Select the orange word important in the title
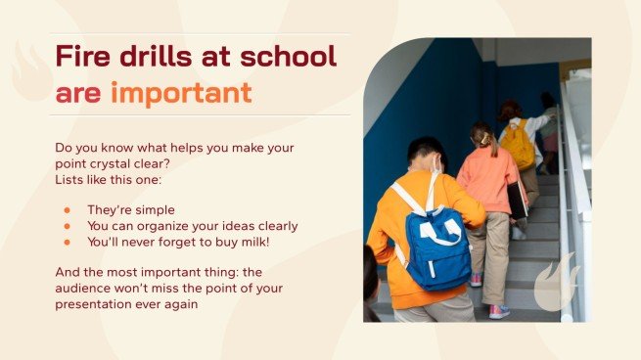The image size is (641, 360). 181,93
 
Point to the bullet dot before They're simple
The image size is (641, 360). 67,209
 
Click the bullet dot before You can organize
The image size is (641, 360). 67,225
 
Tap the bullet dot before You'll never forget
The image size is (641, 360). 67,241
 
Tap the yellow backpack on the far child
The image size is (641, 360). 518,145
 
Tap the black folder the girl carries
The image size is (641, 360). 519,200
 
